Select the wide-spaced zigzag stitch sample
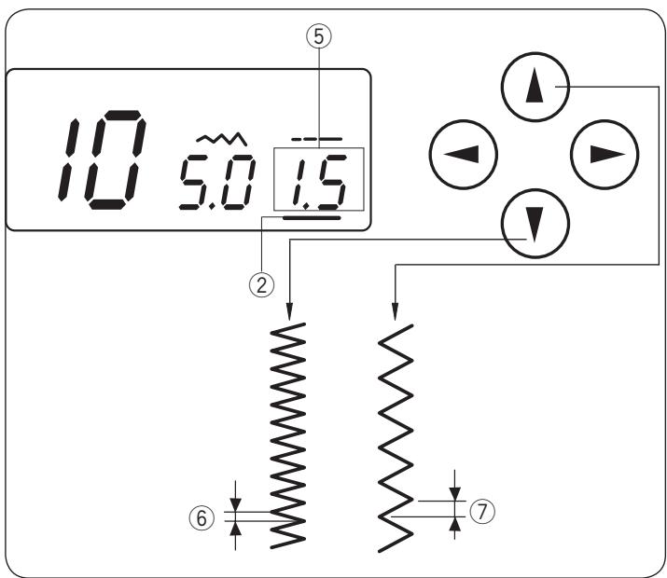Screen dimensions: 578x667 (x=396, y=434)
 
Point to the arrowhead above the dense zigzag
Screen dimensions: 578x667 (x=290, y=310)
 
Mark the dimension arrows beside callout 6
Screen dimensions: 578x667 (x=235, y=515)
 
